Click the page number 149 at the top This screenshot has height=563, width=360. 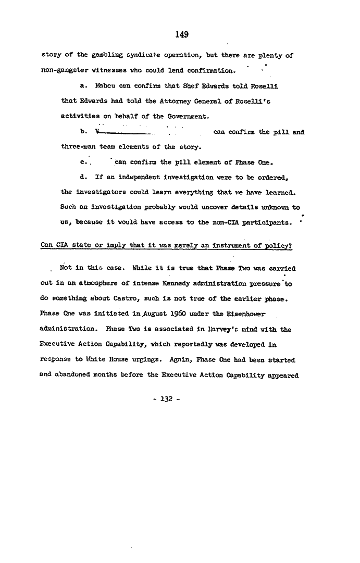coord(181,35)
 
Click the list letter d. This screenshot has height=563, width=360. coord(84,177)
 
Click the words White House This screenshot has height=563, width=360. coord(105,360)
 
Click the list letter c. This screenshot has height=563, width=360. coord(84,162)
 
